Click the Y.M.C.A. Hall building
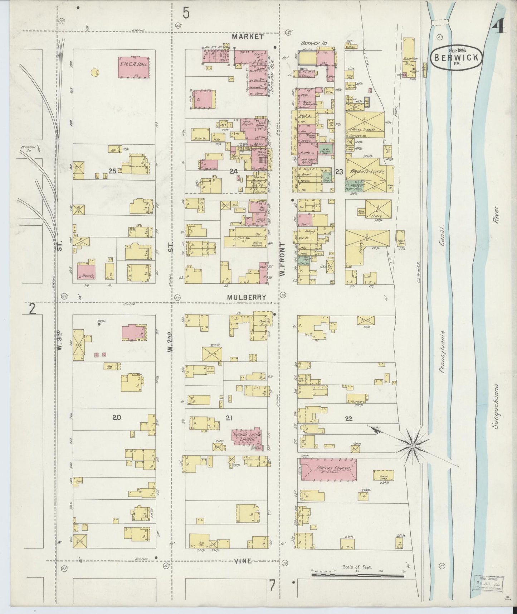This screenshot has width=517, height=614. click(133, 67)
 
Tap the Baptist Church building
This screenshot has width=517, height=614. click(328, 468)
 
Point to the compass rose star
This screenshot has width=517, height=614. click(413, 445)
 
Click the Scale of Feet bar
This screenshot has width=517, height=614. click(358, 575)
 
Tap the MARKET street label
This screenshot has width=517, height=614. click(247, 37)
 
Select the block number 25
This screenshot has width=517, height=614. click(112, 172)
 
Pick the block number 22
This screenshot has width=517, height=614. click(348, 418)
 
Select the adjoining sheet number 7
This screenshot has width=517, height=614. click(272, 585)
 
